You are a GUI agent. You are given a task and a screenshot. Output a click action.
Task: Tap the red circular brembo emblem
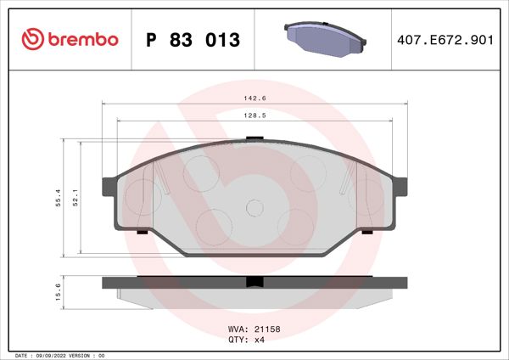32,40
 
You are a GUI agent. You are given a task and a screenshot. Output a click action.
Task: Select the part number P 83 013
194,40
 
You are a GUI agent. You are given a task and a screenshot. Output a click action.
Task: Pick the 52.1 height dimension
76,198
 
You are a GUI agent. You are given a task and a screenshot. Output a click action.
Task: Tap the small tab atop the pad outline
252,139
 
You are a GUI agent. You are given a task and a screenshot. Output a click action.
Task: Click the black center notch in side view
253,283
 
